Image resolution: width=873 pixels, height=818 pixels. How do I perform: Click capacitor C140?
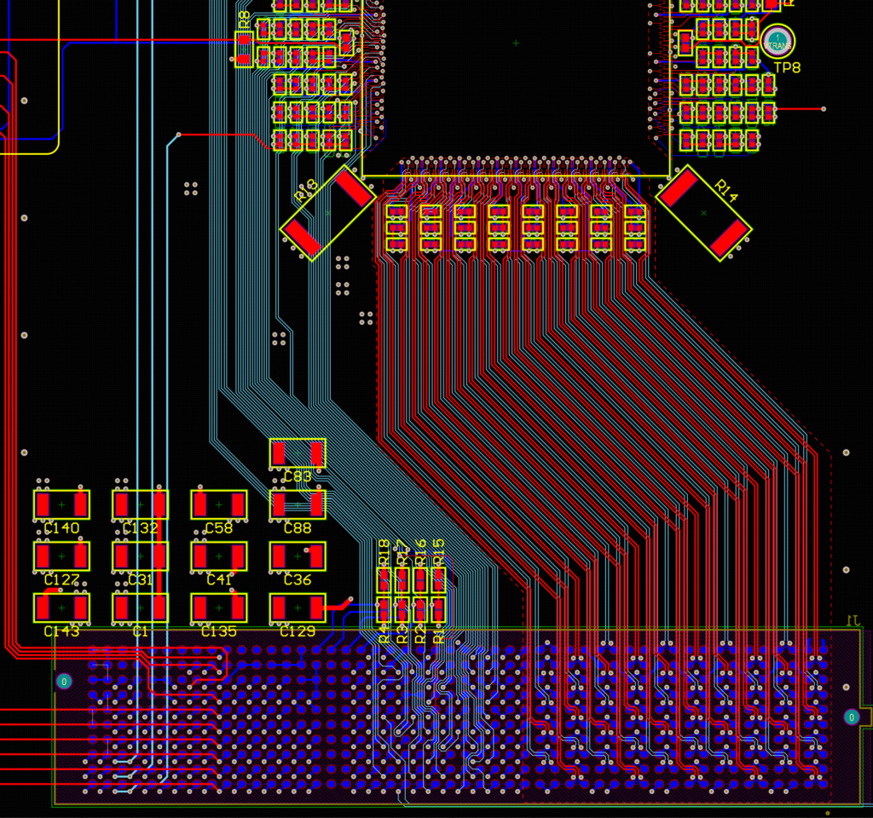pos(61,504)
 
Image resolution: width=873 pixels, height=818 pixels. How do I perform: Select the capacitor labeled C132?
pos(140,504)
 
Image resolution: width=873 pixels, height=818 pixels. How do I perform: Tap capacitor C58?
pos(219,504)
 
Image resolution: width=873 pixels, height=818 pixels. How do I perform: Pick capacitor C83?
pos(298,452)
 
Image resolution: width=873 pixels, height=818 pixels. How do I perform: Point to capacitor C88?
pos(298,504)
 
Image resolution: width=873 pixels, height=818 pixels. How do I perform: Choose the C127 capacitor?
pos(61,556)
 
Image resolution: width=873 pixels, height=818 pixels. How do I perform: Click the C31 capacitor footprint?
pos(140,556)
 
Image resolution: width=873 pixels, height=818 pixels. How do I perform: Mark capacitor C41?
pos(219,556)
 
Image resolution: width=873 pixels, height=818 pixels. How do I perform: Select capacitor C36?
pos(298,556)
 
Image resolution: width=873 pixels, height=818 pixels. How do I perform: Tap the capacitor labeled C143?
pos(61,608)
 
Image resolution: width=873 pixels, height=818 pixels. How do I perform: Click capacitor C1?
pos(140,608)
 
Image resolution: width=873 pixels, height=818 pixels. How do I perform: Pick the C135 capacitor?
pos(219,608)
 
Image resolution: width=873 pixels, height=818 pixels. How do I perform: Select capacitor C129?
pos(298,608)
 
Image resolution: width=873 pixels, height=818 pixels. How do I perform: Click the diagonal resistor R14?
pos(704,212)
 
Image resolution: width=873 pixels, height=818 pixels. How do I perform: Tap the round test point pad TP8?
pos(777,41)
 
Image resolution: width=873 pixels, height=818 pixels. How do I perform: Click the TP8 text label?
pos(787,68)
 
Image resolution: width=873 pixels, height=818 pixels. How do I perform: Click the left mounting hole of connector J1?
pos(64,682)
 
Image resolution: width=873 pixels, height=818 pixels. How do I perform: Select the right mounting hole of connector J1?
pos(851,717)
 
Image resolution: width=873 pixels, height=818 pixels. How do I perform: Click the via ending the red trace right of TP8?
pos(824,109)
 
